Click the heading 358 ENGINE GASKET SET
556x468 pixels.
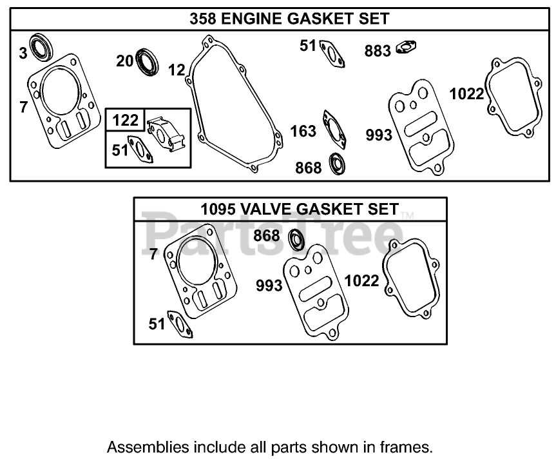[x=289, y=19]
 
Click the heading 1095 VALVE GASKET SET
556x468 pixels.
[x=290, y=209]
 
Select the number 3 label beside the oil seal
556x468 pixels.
[x=23, y=53]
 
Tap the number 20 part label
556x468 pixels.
[x=124, y=61]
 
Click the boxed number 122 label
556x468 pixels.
[x=125, y=121]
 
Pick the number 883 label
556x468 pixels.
[x=378, y=51]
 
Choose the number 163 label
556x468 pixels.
[x=303, y=132]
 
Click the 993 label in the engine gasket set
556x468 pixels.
[x=379, y=135]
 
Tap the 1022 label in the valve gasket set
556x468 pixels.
[x=361, y=281]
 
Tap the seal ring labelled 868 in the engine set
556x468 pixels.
[x=337, y=164]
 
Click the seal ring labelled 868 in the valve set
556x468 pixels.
[x=296, y=238]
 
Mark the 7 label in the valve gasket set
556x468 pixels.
[x=153, y=255]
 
